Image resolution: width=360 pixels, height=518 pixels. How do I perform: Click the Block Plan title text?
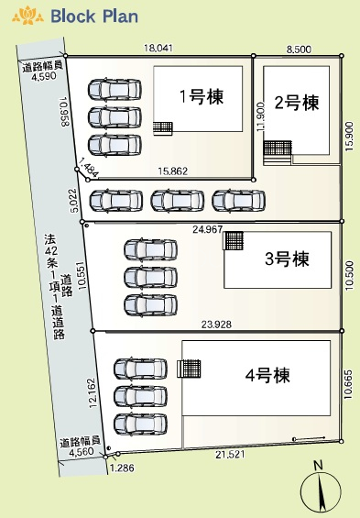click(94, 17)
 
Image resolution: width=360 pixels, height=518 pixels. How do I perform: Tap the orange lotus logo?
click(27, 16)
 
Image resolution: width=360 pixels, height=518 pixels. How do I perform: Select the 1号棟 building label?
click(202, 96)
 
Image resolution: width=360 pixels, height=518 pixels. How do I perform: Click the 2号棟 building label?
click(297, 103)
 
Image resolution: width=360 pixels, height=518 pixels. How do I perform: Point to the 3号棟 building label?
click(287, 259)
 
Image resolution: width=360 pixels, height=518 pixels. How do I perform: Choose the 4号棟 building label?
click(267, 375)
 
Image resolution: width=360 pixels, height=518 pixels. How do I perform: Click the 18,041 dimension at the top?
click(158, 49)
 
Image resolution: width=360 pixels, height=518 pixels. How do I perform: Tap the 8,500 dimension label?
click(299, 50)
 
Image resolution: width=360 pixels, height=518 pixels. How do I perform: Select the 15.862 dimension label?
click(172, 171)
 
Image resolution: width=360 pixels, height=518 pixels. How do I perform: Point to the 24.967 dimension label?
click(208, 229)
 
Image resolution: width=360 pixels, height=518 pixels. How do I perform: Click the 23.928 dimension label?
click(216, 325)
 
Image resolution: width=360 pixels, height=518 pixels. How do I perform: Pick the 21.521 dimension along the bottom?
click(230, 455)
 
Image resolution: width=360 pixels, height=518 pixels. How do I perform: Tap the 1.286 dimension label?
click(122, 468)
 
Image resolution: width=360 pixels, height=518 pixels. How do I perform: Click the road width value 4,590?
click(43, 76)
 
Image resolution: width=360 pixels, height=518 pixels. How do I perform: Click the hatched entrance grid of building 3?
click(234, 240)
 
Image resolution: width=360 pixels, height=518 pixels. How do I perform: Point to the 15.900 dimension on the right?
click(349, 137)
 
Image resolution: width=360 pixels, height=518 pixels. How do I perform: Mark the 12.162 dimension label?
click(93, 392)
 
